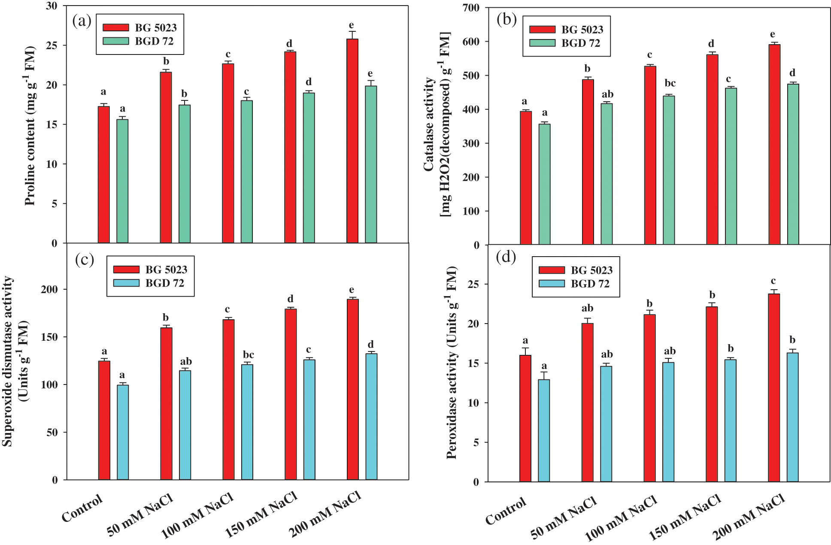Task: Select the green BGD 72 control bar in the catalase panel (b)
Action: tap(544, 184)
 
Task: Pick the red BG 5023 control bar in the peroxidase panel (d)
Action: tap(525, 418)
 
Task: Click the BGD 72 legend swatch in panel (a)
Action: tap(116, 41)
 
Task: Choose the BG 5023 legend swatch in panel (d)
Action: tap(552, 270)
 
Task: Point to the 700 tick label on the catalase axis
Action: tap(471, 8)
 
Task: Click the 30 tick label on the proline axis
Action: tap(52, 6)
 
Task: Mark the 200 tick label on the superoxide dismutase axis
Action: tap(49, 290)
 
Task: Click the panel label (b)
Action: tap(506, 20)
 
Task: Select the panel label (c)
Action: tap(84, 260)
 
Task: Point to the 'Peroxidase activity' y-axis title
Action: tap(452, 363)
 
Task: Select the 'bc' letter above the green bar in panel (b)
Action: tap(670, 83)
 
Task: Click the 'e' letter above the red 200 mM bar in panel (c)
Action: tap(352, 290)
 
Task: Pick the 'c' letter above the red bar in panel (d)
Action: tap(773, 281)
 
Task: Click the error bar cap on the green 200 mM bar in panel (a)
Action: tap(371, 81)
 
